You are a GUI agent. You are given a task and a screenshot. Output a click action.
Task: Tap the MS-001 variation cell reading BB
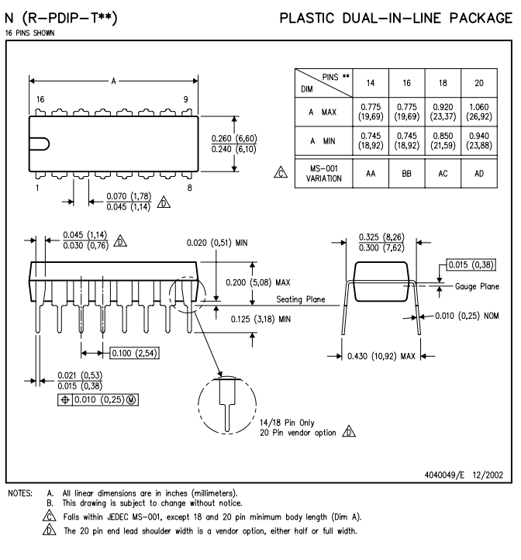coord(406,174)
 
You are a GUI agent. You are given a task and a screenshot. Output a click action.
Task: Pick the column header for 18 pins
coord(443,83)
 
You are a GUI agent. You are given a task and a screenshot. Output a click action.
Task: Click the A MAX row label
coord(323,112)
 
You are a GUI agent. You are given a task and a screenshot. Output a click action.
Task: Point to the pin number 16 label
coord(40,99)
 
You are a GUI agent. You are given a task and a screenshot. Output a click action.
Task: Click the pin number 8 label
coord(190,188)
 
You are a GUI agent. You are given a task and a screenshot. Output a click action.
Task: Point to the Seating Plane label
coord(301,299)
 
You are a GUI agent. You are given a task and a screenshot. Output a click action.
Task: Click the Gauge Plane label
coord(477,286)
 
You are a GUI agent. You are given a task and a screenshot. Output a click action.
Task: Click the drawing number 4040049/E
coord(444,475)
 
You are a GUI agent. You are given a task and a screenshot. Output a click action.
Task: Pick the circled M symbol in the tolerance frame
coord(131,400)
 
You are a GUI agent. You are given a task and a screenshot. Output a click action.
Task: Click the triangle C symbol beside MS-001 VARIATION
coord(281,172)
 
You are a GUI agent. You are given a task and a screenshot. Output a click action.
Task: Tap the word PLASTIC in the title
coord(307,18)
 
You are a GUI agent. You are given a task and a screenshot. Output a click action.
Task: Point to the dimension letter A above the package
coord(113,81)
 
